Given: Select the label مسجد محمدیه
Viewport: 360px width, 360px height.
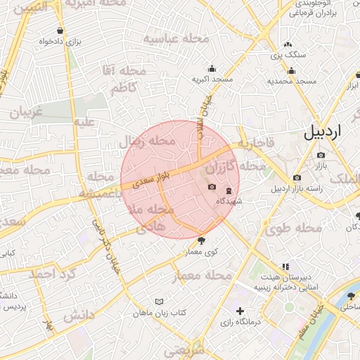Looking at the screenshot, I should click(x=290, y=82).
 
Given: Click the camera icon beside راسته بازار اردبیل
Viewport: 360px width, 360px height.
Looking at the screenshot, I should click(x=297, y=177).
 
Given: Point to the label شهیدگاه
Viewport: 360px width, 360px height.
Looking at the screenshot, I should click(x=229, y=201).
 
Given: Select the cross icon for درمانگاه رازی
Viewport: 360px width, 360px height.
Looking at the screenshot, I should click(x=240, y=310).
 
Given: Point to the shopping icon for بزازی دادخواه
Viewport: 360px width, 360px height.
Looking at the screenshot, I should click(x=60, y=31).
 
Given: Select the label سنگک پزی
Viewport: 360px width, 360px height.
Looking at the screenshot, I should click(x=288, y=54).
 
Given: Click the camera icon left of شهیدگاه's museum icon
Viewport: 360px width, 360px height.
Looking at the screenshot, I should click(x=212, y=186).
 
